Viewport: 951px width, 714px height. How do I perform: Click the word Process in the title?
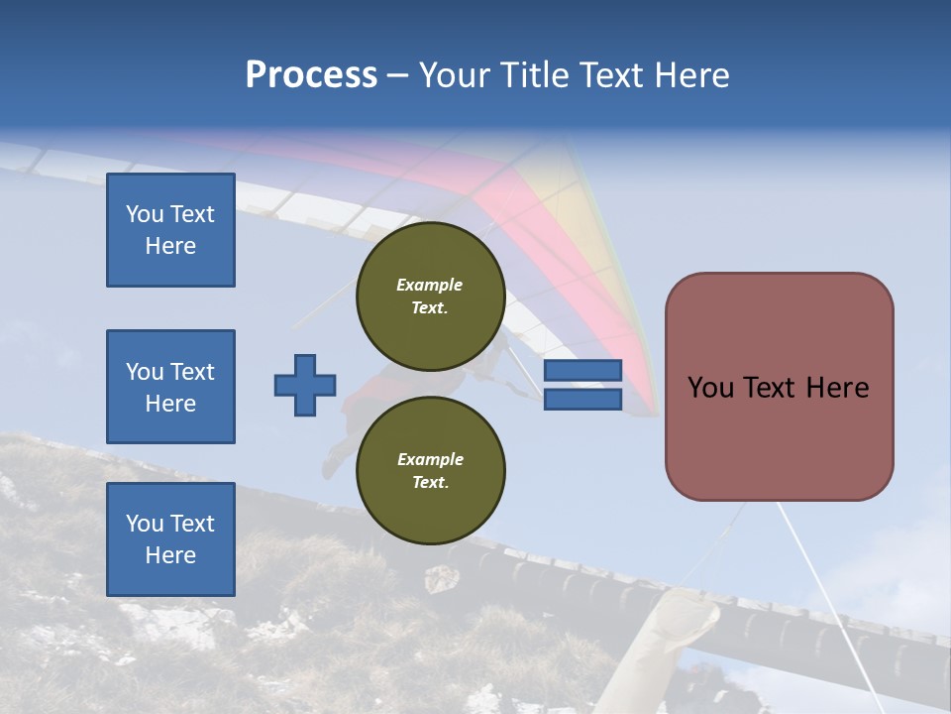tap(311, 75)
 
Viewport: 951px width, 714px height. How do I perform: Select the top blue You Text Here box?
tap(170, 230)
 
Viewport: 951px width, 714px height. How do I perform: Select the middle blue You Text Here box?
tap(170, 387)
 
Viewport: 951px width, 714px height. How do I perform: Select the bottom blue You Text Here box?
tap(170, 539)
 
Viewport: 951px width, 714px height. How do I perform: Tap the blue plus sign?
tap(305, 385)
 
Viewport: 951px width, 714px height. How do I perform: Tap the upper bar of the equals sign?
tap(583, 370)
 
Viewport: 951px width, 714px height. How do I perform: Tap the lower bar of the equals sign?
tap(583, 400)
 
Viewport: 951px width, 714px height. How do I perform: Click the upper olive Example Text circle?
tap(430, 296)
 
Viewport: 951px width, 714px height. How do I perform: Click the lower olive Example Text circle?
tap(430, 470)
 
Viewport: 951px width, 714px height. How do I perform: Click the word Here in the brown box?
tap(837, 388)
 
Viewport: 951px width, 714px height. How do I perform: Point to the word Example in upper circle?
tap(430, 285)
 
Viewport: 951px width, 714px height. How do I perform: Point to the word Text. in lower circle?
tap(430, 483)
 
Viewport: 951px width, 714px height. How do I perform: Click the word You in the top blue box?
tap(145, 214)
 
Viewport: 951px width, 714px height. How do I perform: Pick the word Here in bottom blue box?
tap(170, 555)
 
